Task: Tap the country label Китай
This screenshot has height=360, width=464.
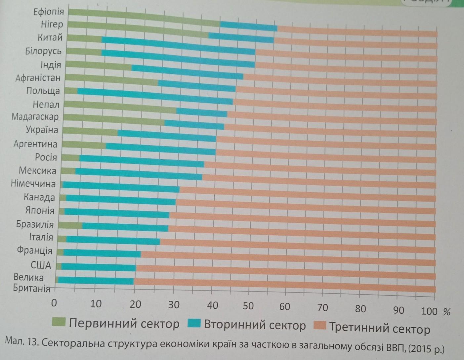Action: coord(50,37)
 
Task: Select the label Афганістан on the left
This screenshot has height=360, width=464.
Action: coord(38,78)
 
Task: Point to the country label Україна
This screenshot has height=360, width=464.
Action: coord(42,130)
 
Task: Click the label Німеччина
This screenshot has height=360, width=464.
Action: coord(33,184)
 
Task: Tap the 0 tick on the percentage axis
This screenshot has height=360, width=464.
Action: coord(55,303)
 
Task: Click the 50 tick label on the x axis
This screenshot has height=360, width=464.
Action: coord(248,306)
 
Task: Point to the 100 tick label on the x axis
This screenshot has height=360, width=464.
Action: coord(429,311)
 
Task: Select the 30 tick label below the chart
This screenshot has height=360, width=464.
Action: coord(173,304)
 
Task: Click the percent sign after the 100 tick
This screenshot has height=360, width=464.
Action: coord(447,311)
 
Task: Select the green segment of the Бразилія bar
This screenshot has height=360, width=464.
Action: coord(70,225)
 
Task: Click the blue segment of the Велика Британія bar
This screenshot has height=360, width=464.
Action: coord(96,280)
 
